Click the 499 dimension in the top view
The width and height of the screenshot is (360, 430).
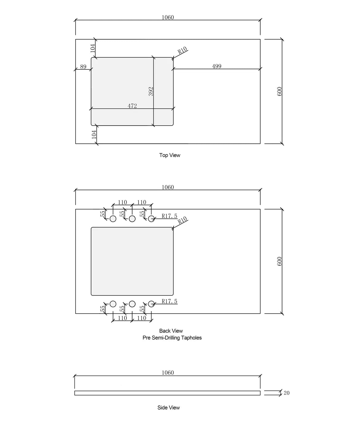(216, 66)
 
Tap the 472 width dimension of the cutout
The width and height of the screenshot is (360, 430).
(132, 106)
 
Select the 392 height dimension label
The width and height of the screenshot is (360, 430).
(151, 92)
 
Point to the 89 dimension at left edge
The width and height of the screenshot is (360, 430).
(83, 67)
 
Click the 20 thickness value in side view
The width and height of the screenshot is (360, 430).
(286, 393)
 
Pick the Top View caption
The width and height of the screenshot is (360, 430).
(170, 155)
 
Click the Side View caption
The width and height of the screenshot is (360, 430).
(168, 408)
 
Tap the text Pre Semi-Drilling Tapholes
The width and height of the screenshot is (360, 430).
(172, 338)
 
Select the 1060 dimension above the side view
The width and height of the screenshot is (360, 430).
(168, 373)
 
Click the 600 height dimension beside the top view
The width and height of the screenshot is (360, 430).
(279, 92)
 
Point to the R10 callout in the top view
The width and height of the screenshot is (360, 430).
(182, 50)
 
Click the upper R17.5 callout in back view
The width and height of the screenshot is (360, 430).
(169, 216)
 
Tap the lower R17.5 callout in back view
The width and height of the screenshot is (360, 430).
(169, 301)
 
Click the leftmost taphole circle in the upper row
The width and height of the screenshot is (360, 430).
(113, 219)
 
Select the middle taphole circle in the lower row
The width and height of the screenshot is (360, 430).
(132, 304)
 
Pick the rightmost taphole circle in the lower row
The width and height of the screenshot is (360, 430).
(151, 304)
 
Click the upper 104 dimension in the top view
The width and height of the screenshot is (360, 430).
(93, 48)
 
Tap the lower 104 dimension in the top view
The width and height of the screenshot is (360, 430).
(94, 134)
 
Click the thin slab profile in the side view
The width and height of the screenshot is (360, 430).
(167, 393)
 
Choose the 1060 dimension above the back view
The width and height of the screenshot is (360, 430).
(168, 187)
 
